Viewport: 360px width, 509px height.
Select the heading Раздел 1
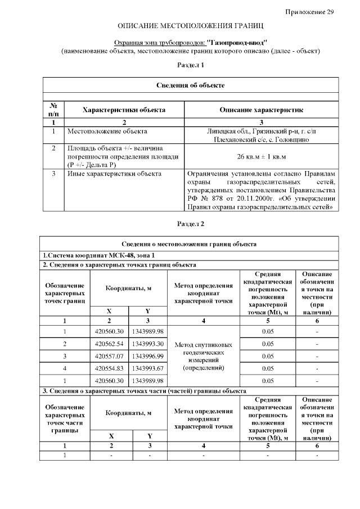[191, 65]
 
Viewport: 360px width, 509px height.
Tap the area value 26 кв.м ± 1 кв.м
[261, 156]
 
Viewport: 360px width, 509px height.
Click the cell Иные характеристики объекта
[114, 174]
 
